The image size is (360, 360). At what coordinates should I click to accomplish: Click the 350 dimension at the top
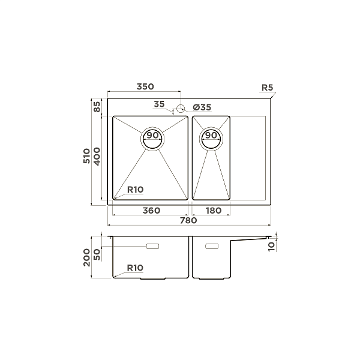[x=143, y=87]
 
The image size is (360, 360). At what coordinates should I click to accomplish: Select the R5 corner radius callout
[x=267, y=88]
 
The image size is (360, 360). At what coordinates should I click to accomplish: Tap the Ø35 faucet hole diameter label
[x=202, y=107]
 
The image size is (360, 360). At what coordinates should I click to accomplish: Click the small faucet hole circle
[x=180, y=109]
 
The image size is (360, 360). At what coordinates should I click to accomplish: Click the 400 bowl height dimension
[x=97, y=157]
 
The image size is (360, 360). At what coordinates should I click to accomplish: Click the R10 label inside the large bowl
[x=135, y=190]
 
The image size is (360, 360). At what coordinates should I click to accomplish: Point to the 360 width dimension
[x=151, y=211]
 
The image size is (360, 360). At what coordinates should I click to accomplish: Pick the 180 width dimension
[x=213, y=211]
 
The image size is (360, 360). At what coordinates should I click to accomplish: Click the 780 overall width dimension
[x=188, y=221]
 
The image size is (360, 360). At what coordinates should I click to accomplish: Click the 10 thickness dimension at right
[x=271, y=245]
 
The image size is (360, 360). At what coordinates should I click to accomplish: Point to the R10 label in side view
[x=135, y=268]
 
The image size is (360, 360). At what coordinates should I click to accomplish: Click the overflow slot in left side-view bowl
[x=153, y=246]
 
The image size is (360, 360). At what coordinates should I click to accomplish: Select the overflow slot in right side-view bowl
[x=212, y=246]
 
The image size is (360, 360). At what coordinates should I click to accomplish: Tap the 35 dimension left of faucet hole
[x=159, y=104]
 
